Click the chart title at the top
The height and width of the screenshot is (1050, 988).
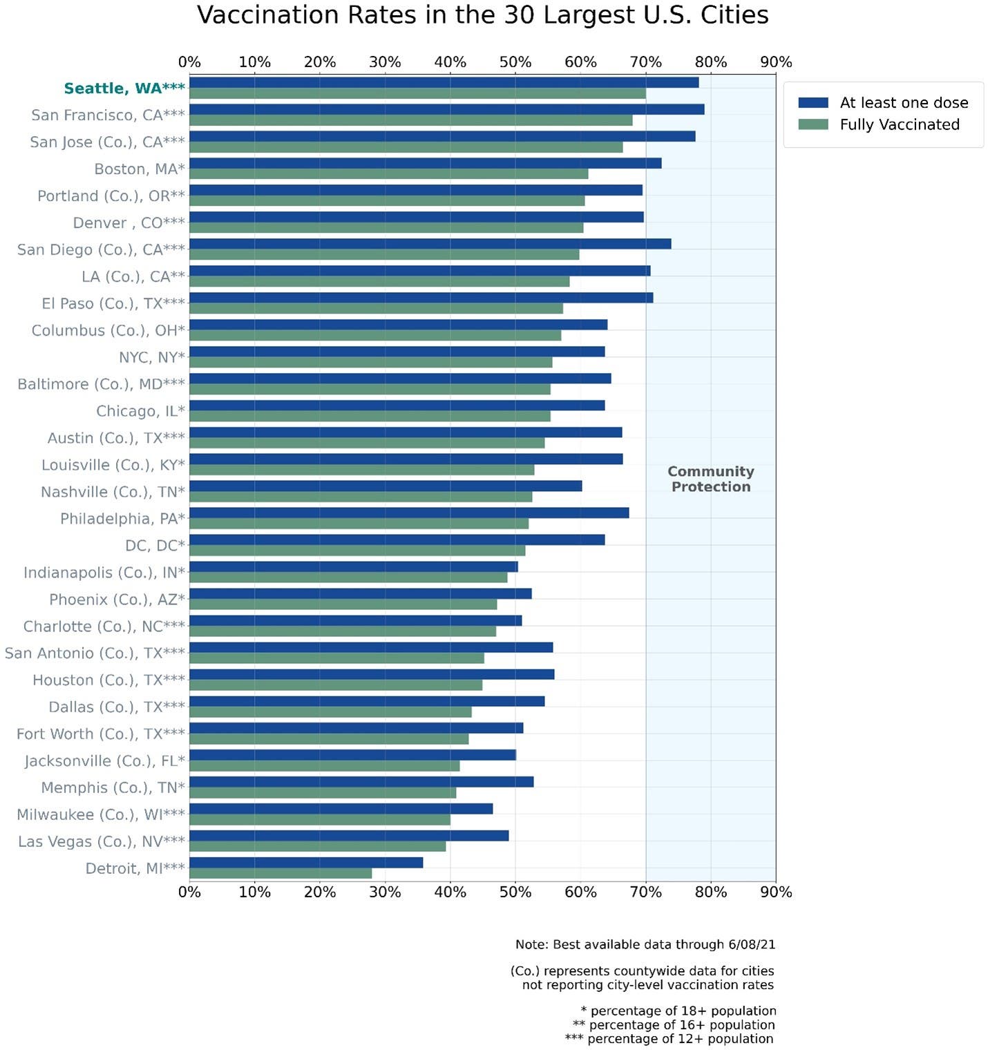(482, 15)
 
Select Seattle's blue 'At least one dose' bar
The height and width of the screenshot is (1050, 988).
(444, 83)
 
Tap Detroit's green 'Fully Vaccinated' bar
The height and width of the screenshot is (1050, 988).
(281, 873)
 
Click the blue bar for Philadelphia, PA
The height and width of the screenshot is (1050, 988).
(409, 513)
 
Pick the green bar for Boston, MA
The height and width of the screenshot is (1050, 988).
(388, 173)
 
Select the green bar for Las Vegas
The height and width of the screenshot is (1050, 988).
(317, 846)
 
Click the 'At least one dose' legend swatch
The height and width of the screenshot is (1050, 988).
(813, 103)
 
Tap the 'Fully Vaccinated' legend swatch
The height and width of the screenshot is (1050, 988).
(813, 124)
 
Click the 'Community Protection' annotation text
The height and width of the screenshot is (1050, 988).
(710, 479)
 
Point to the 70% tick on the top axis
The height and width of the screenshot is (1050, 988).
(645, 62)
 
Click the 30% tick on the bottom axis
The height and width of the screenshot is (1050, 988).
(385, 892)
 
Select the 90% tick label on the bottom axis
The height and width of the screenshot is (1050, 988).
(775, 892)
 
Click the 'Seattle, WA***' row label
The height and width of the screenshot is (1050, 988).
(124, 88)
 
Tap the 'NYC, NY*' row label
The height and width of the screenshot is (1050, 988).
(151, 357)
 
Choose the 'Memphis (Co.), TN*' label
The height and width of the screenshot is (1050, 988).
(113, 787)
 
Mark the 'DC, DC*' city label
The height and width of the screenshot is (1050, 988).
(155, 546)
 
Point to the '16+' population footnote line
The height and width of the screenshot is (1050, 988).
(674, 1025)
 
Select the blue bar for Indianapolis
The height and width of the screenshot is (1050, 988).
(353, 566)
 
